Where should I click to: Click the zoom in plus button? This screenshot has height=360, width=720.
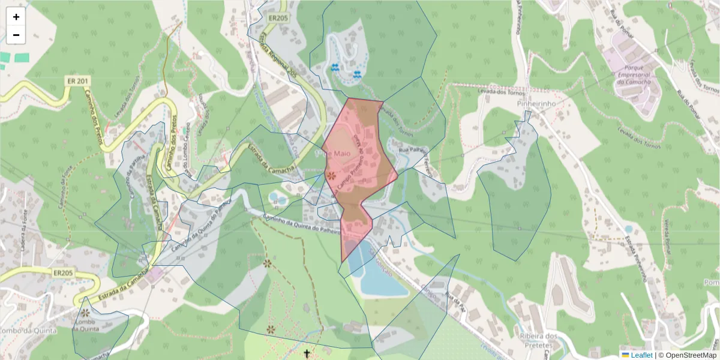16,17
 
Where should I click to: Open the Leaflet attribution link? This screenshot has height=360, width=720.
641,355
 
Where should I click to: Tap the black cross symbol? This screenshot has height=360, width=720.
308,353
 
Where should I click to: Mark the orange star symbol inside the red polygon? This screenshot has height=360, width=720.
331,176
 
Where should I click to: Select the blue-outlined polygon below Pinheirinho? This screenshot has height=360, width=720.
516,198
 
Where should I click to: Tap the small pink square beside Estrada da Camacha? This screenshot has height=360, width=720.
157,274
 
